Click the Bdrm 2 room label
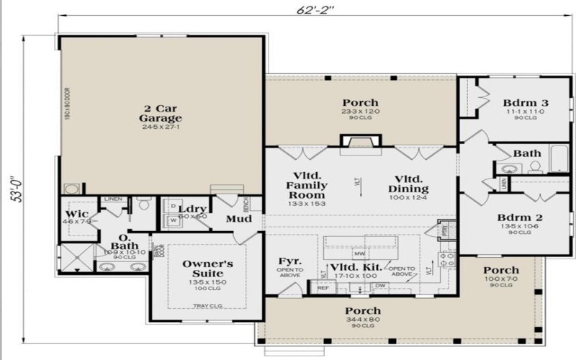coord(519,217)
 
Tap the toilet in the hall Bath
coord(535,168)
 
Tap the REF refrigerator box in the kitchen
coord(323,287)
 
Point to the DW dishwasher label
coord(380,286)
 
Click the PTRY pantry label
coord(444,233)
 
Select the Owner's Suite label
coord(207,269)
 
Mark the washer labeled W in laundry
coord(173,220)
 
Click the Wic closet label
coord(77,215)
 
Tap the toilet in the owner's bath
coord(144,205)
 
